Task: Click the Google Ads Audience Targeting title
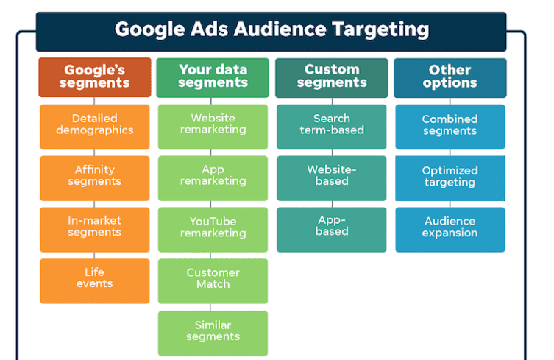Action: [271, 29]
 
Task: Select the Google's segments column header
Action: [95, 77]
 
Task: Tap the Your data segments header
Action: [213, 77]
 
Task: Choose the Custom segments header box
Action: [331, 77]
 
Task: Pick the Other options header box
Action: [450, 78]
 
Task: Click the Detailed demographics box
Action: [95, 127]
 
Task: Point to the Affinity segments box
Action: [95, 178]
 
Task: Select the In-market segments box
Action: [95, 230]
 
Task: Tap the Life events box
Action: [95, 280]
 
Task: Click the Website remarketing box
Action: [213, 127]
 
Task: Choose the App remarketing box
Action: [213, 178]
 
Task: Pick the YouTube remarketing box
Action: [213, 230]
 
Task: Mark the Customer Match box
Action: [213, 280]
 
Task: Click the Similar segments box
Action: [213, 333]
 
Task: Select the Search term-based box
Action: [331, 127]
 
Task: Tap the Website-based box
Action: [331, 178]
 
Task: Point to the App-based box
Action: [331, 230]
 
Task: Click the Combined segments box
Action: [450, 127]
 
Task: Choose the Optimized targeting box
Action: [450, 178]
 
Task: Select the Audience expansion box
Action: [450, 230]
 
